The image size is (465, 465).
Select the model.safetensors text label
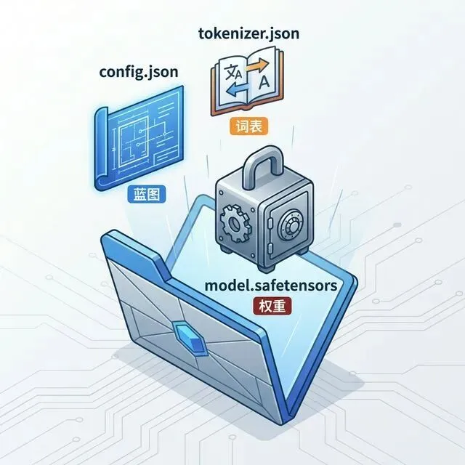click(x=270, y=286)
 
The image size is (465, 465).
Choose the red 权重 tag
click(x=270, y=306)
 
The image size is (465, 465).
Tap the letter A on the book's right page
click(x=264, y=81)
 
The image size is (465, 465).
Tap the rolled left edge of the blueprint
click(x=101, y=145)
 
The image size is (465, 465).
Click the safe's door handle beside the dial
click(x=271, y=223)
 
